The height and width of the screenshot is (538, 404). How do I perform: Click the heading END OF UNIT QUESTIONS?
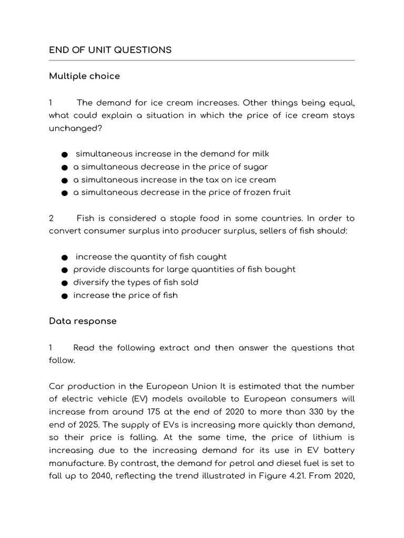[x=110, y=50]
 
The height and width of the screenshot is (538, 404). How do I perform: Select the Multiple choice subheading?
[x=84, y=76]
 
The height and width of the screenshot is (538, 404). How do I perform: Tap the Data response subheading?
[x=83, y=321]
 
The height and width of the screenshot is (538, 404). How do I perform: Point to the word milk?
[x=259, y=153]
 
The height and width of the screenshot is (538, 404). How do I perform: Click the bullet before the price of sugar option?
[x=64, y=167]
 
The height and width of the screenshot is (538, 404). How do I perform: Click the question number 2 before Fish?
[x=52, y=218]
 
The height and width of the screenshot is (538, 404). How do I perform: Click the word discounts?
[x=125, y=270]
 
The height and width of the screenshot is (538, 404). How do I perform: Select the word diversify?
[x=90, y=282]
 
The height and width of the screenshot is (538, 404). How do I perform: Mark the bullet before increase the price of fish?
[x=64, y=296]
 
